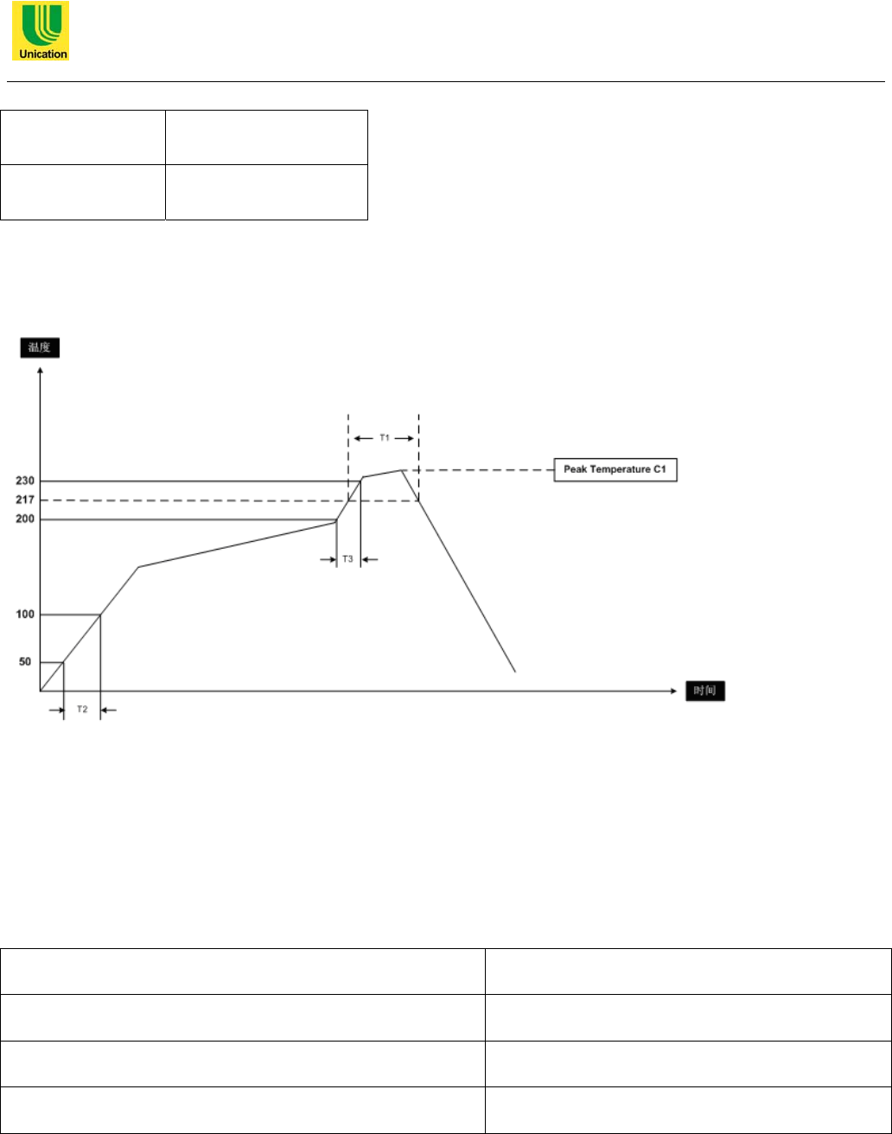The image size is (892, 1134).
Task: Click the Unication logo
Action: [40, 31]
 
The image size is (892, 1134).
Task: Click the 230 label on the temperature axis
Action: [26, 481]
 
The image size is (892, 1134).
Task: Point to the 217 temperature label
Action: [26, 500]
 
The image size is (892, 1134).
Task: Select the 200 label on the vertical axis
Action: [26, 520]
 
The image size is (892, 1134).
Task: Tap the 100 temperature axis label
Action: [26, 615]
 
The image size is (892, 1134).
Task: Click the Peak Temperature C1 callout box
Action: [615, 471]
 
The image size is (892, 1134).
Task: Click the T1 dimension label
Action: [384, 438]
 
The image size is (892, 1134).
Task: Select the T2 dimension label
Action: [82, 710]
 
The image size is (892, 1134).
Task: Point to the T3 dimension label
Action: [347, 559]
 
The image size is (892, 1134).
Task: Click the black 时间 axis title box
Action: [709, 691]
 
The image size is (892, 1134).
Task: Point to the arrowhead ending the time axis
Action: [672, 691]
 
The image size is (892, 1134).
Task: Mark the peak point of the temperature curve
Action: [402, 470]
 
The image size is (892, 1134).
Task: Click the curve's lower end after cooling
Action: [516, 671]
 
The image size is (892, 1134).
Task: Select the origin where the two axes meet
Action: [40, 691]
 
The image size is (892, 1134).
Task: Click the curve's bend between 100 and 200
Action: [138, 567]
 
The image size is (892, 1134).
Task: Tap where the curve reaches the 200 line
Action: [336, 521]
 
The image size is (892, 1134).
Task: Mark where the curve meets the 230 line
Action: [362, 478]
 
